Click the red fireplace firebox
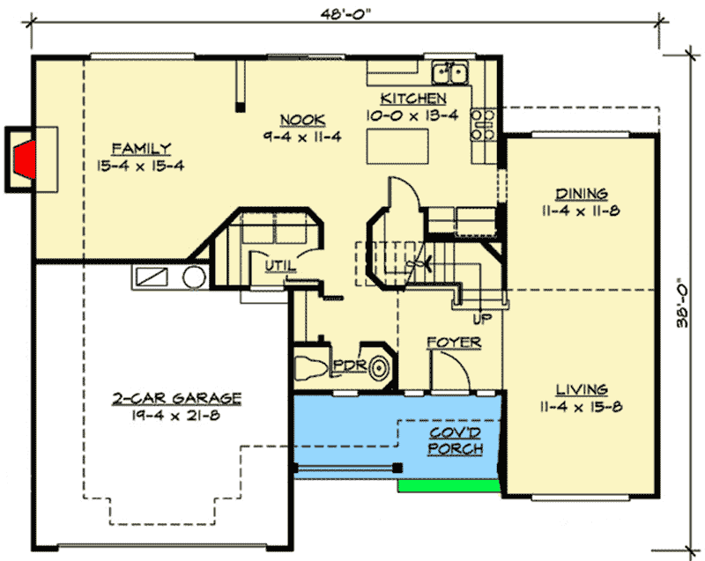click(x=26, y=159)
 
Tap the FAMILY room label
click(x=141, y=148)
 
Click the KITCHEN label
click(x=413, y=98)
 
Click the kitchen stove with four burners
click(x=483, y=124)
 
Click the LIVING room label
click(x=581, y=388)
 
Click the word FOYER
click(x=454, y=342)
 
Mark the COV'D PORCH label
click(x=456, y=441)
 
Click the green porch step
click(x=449, y=485)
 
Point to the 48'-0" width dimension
click(x=345, y=14)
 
